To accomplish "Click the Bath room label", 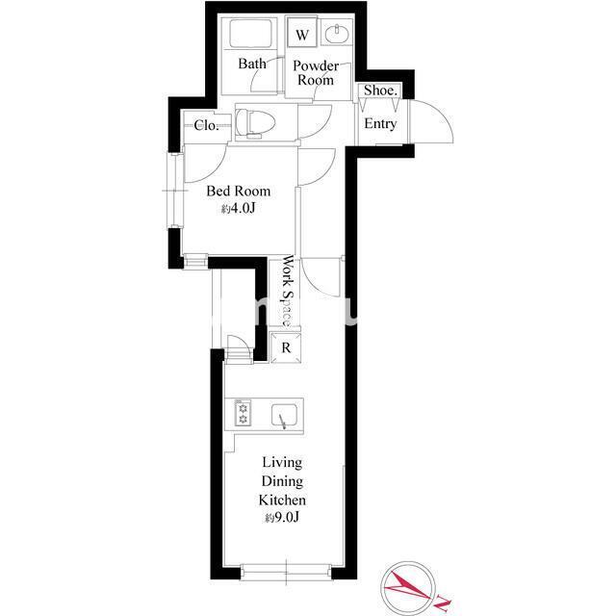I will tap(252, 64).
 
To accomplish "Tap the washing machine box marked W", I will tap(301, 36).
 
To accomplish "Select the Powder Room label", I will tap(315, 73).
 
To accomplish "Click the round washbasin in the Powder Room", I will tap(337, 36).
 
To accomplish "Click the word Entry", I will tap(379, 124).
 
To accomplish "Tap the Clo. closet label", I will tap(205, 125).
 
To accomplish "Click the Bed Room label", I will tap(238, 192).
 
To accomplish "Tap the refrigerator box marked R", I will tap(286, 348).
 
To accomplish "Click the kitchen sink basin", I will tap(283, 415).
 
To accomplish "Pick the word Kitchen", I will tap(282, 500).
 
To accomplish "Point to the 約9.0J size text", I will tap(281, 519).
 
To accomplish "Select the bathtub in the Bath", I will tap(252, 37).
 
